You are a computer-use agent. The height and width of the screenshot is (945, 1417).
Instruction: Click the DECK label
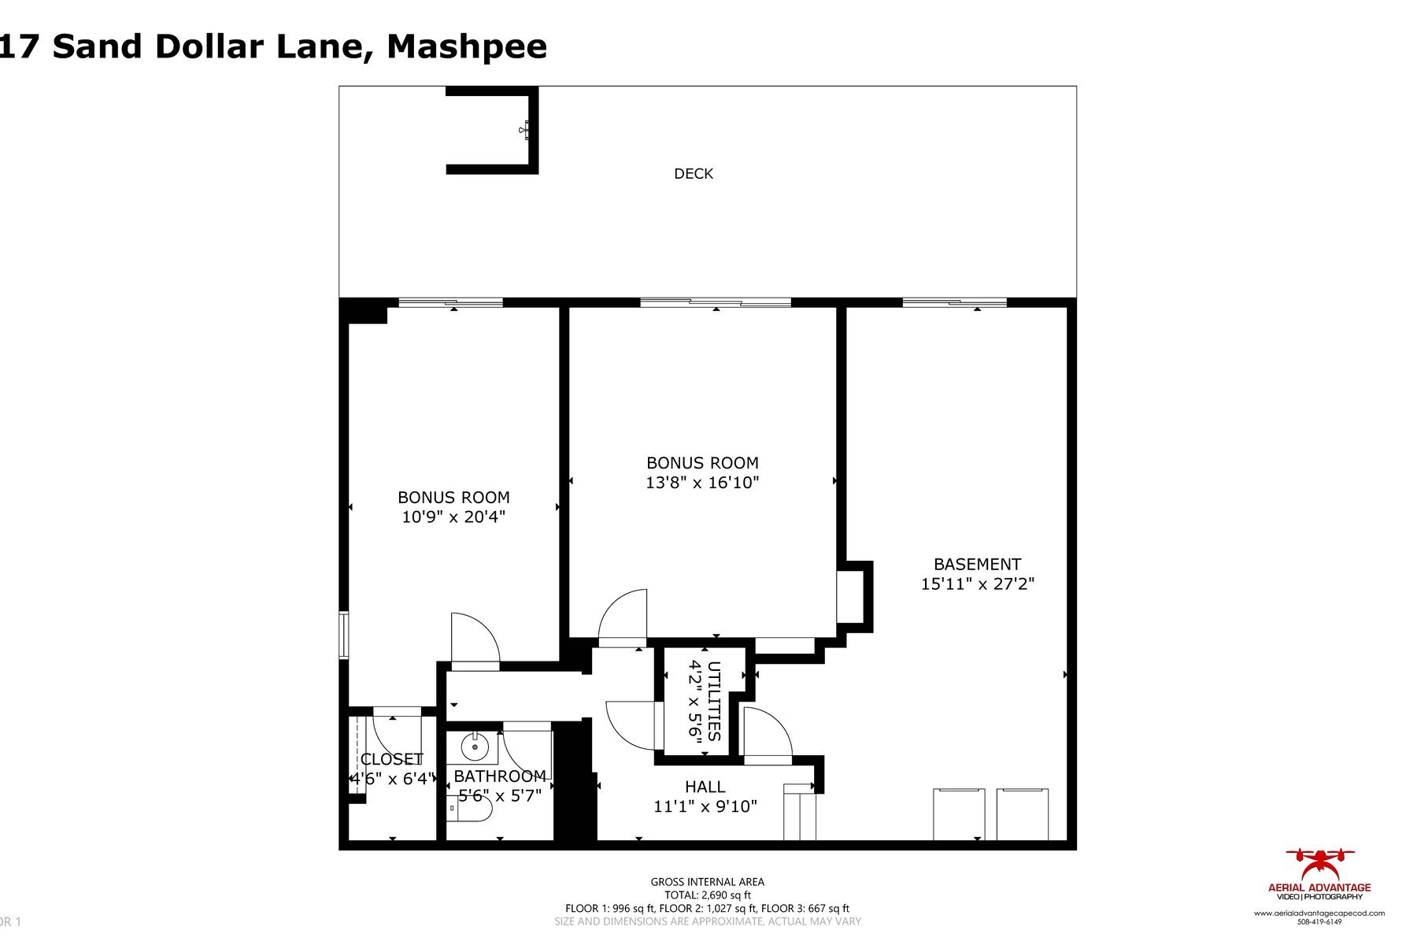tap(693, 174)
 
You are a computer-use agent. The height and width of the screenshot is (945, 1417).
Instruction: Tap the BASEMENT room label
tap(977, 565)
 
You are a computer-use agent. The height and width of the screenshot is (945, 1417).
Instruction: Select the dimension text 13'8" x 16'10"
tap(702, 483)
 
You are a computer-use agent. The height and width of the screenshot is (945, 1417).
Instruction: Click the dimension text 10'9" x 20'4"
tap(453, 517)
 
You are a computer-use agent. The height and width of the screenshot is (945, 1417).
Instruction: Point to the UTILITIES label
tap(714, 700)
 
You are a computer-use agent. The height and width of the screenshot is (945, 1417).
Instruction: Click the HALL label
tap(705, 787)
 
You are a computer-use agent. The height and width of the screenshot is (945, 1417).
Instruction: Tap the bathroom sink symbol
tap(475, 746)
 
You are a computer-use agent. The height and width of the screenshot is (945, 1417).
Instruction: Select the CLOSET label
tap(391, 759)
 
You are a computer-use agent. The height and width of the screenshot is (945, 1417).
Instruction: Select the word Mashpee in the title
tap(466, 46)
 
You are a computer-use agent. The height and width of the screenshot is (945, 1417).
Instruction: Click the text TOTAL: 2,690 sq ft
tap(707, 895)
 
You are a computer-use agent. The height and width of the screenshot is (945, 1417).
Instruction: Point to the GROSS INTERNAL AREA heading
tap(707, 882)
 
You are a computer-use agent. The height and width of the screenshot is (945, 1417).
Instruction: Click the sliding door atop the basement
tap(954, 302)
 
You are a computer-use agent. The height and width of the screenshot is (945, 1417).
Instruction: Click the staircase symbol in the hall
tap(800, 813)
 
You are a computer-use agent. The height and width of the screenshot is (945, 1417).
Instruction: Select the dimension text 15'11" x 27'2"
tap(977, 584)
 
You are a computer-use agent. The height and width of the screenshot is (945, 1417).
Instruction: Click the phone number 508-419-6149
tap(1319, 921)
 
